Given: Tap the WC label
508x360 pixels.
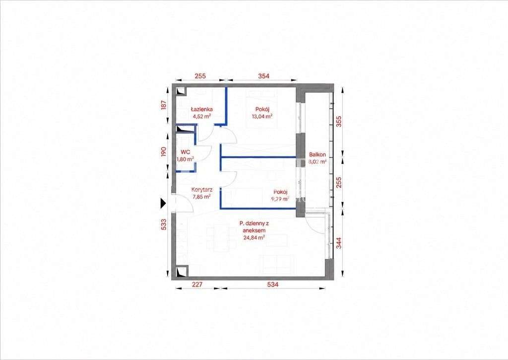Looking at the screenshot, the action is [186, 152].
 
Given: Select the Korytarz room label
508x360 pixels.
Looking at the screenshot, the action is [202, 190].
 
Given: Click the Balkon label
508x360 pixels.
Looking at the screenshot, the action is [317, 155].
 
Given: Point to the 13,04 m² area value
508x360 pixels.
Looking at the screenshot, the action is [262, 116].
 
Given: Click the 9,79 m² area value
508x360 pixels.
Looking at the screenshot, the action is [281, 199].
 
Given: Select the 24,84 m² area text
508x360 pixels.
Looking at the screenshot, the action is [254, 237].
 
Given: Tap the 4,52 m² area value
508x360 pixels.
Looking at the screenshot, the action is [201, 117].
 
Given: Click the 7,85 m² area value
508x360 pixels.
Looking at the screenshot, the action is [202, 197].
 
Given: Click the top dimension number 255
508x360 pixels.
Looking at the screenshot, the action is [200, 76].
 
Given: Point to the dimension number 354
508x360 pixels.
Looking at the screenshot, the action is [263, 76].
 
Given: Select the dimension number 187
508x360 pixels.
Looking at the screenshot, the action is [164, 105].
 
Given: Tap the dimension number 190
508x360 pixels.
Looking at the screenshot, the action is [164, 152].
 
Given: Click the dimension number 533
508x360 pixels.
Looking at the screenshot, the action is [164, 224].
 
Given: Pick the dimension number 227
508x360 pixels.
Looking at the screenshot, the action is [197, 285].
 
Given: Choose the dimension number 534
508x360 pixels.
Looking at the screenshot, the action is [273, 285].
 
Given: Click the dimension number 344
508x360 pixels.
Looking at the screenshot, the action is [338, 243].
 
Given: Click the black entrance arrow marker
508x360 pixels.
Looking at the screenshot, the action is [163, 204].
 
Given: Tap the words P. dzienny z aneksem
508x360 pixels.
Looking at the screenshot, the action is [254, 226].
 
